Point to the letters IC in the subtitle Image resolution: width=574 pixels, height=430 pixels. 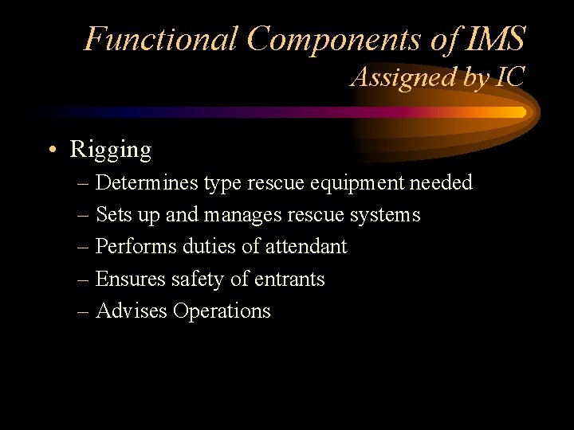[508, 77]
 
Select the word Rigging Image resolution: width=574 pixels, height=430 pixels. [110, 150]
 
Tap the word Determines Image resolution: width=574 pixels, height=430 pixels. [147, 182]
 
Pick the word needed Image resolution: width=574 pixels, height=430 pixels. [441, 182]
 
